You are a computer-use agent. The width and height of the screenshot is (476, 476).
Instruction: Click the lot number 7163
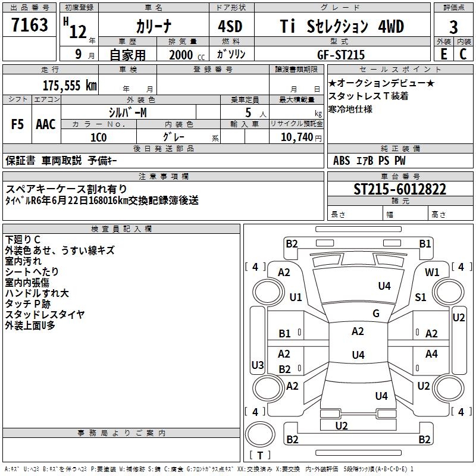click(30, 26)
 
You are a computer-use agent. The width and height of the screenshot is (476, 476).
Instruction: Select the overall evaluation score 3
click(453, 27)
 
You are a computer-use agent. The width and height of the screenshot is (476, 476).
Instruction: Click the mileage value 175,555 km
click(70, 86)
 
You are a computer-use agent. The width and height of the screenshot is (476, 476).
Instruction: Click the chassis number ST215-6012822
click(400, 189)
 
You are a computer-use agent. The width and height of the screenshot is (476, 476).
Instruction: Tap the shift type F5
click(18, 124)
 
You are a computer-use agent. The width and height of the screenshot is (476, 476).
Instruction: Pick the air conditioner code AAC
click(45, 124)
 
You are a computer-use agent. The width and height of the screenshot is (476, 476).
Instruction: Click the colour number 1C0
click(98, 136)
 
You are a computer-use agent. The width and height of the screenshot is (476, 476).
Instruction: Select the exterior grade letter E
click(444, 54)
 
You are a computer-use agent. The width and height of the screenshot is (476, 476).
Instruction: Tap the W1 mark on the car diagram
click(432, 272)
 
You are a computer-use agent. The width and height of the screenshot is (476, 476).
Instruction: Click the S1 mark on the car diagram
click(421, 297)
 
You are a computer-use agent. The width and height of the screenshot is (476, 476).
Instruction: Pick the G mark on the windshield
click(375, 314)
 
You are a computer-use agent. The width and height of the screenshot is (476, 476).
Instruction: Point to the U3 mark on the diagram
click(258, 365)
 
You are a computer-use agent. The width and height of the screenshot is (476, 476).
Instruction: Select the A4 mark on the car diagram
click(431, 354)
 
